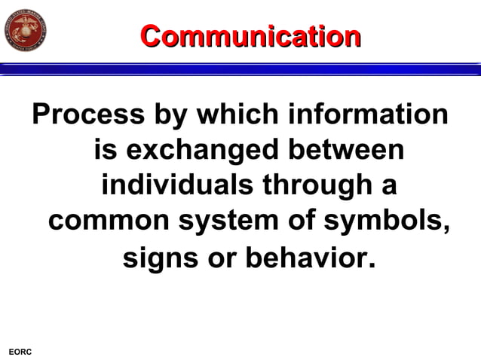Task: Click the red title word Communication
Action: coord(250,35)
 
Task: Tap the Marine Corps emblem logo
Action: coord(26,31)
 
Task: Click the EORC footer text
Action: coord(20,352)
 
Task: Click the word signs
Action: coord(161,258)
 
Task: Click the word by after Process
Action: coord(170,114)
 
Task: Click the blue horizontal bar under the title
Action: coord(240,69)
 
